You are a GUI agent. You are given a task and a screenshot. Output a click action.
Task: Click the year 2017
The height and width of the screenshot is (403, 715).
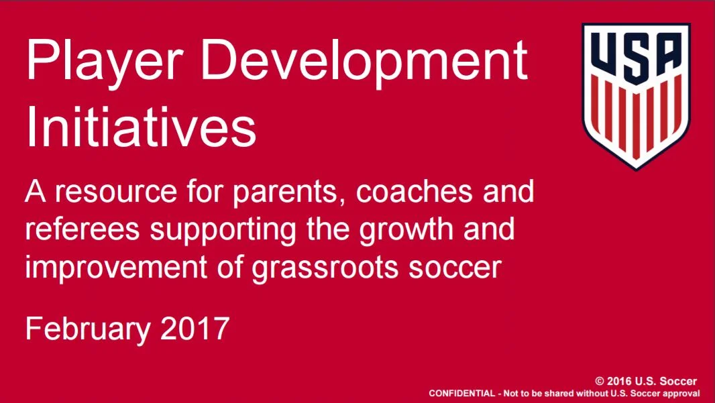point(195,330)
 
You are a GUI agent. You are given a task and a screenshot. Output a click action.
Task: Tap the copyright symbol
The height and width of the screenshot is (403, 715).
point(590,381)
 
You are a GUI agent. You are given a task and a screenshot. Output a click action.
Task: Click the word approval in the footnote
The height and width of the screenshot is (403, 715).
point(683,393)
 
